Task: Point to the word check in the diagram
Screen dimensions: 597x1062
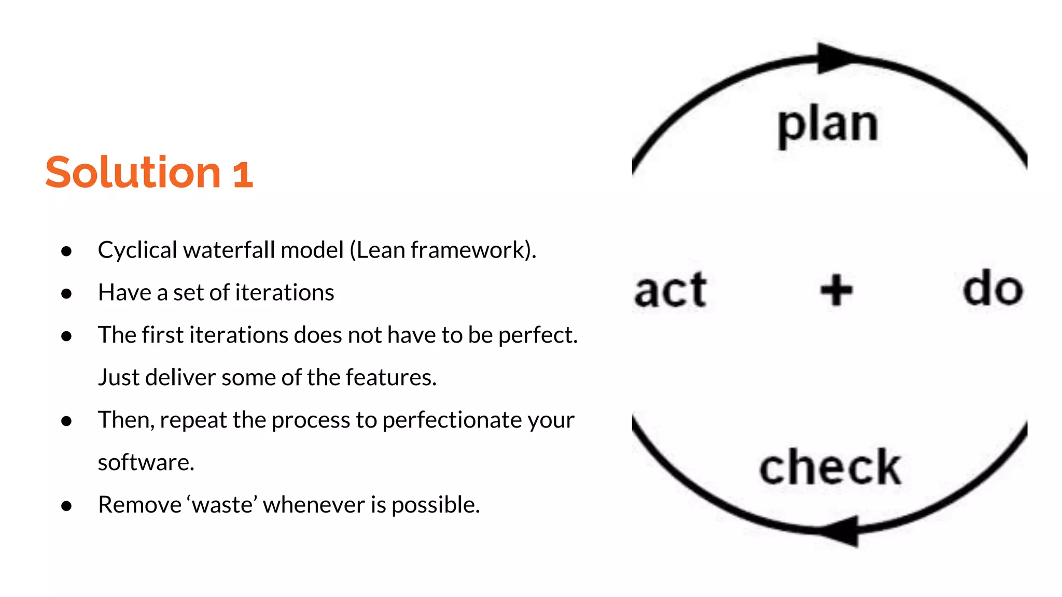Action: point(830,467)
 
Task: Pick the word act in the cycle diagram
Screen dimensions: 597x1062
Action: point(670,290)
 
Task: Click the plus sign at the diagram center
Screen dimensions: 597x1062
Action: point(836,290)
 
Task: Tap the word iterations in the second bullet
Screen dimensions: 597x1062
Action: point(285,292)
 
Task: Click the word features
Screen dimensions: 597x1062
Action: point(391,377)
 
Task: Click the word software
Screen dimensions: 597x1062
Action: point(146,462)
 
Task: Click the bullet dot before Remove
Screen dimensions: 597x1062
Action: point(66,506)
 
